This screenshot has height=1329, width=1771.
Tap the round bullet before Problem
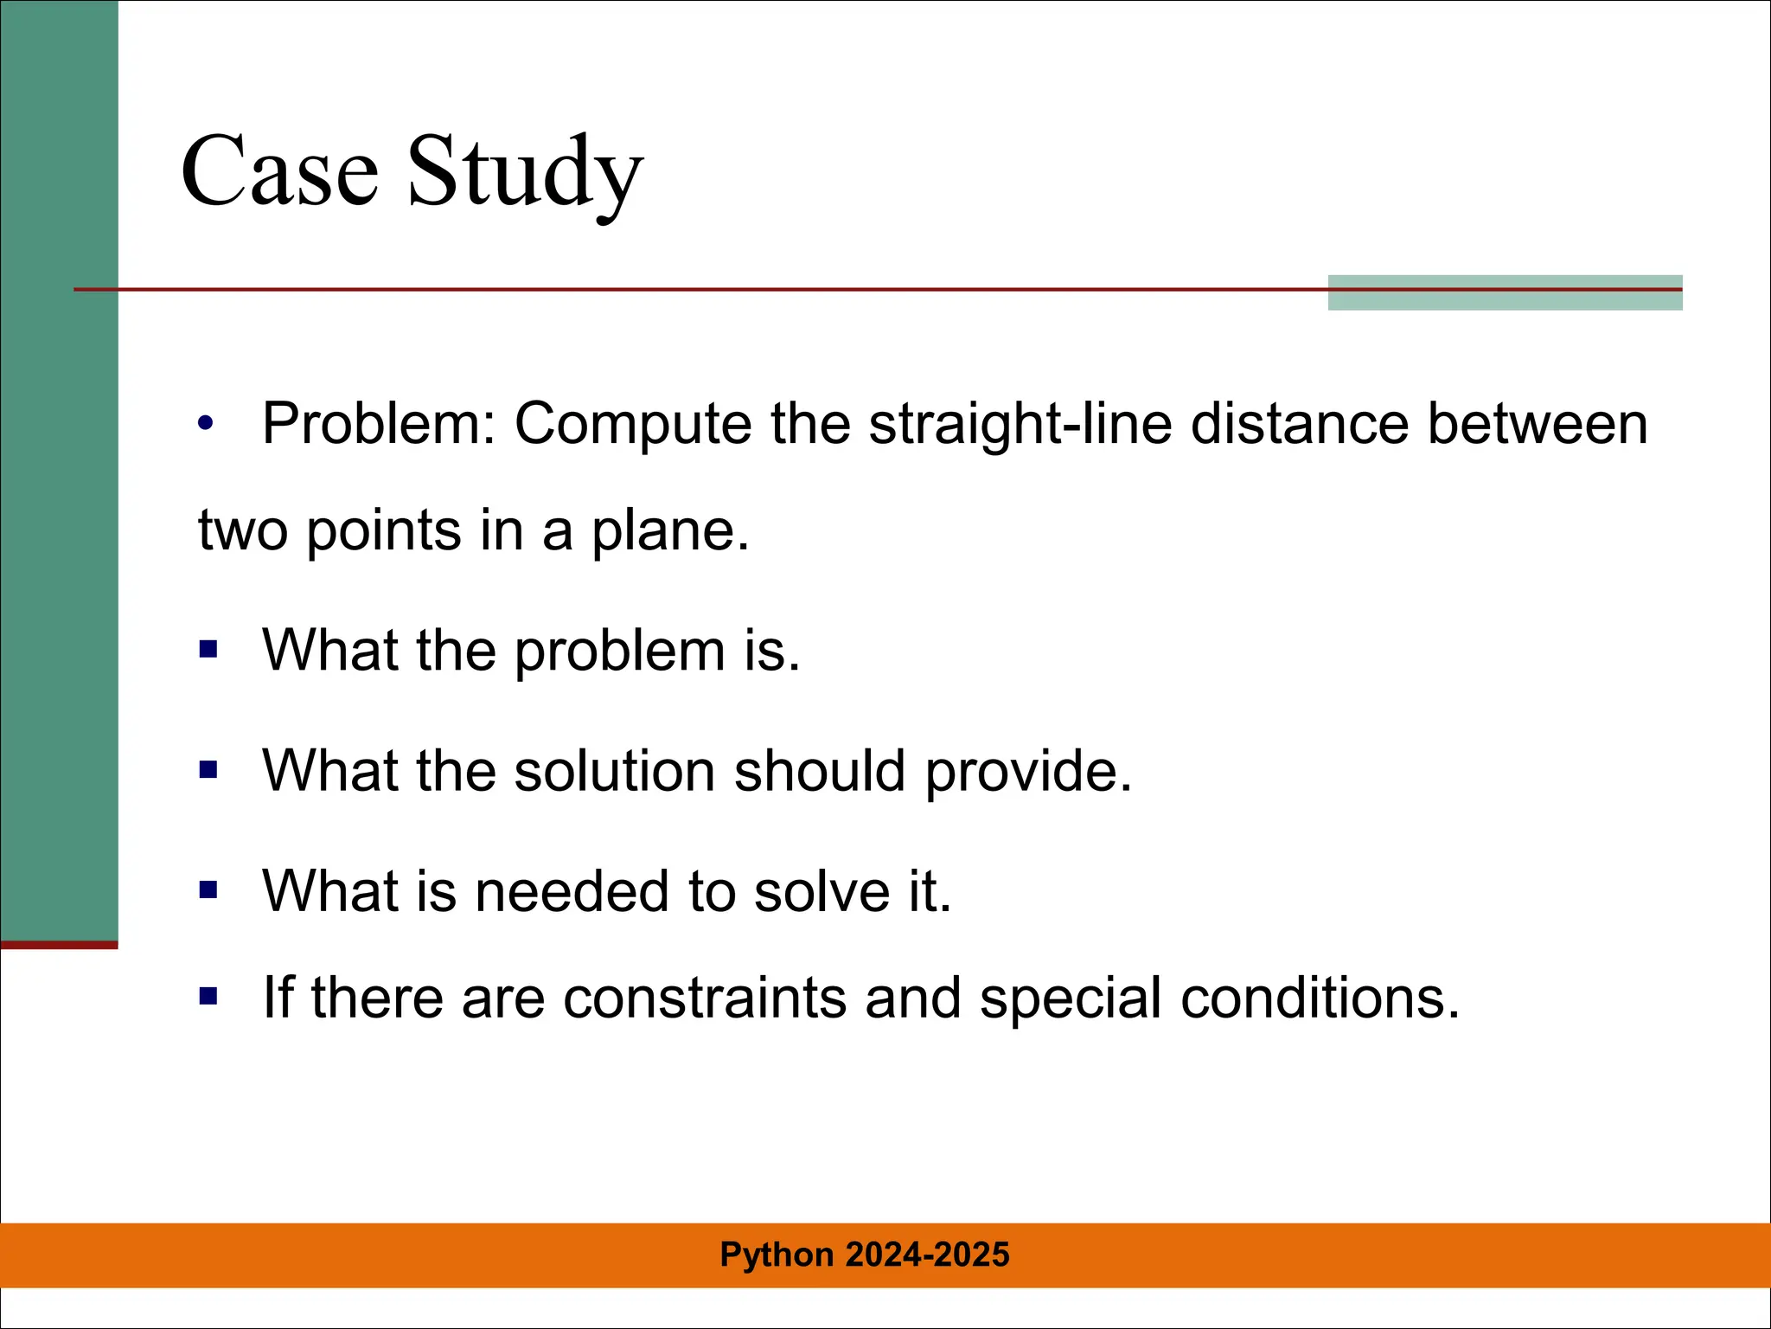[205, 424]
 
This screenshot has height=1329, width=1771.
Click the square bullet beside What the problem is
[208, 649]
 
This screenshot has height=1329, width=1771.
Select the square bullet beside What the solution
[208, 769]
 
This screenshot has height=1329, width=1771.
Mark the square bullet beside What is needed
[208, 889]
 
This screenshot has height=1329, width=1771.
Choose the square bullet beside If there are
[208, 997]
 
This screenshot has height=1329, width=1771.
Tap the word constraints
[705, 998]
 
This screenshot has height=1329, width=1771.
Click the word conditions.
[1320, 998]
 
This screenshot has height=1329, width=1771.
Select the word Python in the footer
[777, 1255]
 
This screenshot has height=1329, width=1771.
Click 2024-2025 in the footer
[927, 1255]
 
